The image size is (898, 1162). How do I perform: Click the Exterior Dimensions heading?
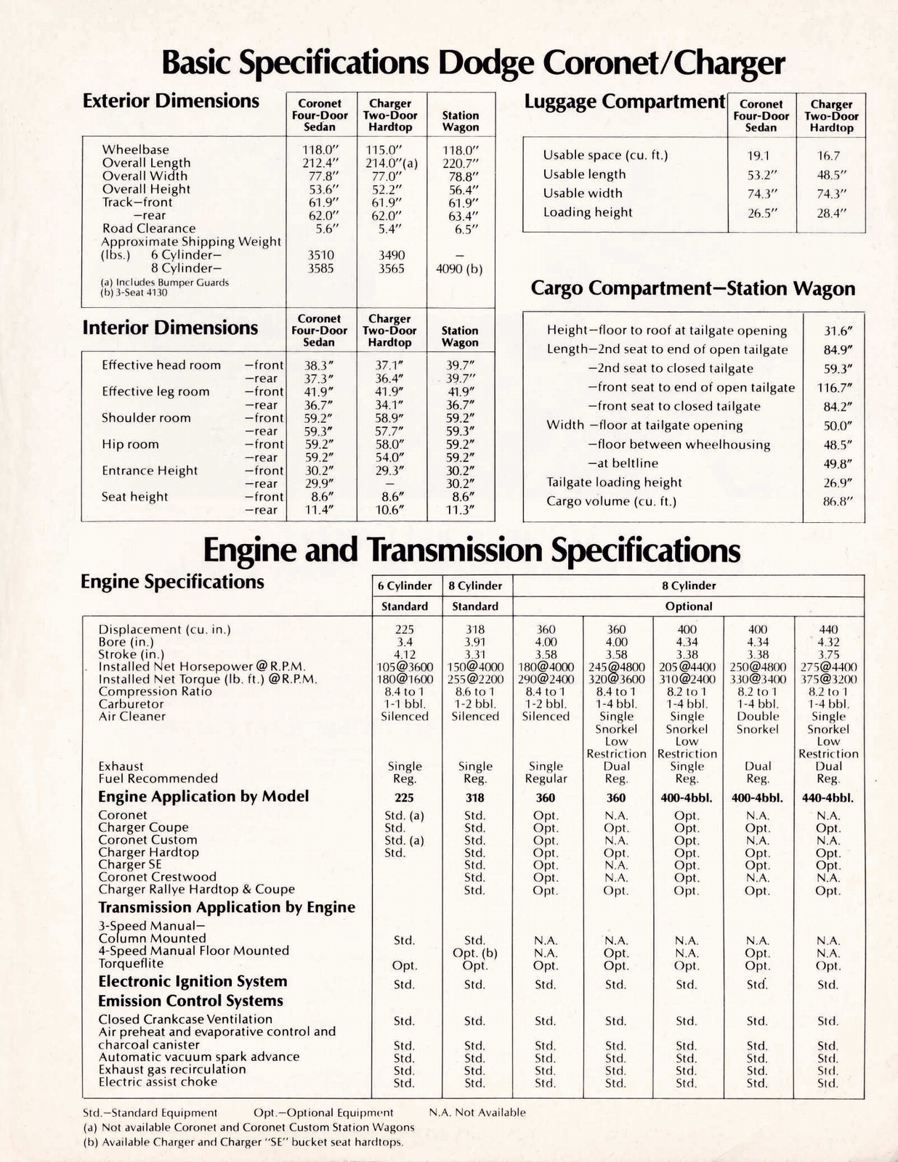pos(171,101)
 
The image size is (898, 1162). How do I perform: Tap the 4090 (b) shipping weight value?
pos(459,269)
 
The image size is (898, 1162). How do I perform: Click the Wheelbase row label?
pos(135,150)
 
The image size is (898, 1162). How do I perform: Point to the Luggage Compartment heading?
pos(625,102)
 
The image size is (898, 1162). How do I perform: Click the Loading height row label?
pos(588,212)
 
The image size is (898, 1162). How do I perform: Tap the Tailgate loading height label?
pos(614,482)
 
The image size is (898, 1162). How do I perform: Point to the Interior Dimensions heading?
pos(170,328)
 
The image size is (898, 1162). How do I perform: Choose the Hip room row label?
pos(130,444)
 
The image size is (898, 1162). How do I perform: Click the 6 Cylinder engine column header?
pos(405,585)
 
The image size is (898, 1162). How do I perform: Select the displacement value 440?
pos(828,630)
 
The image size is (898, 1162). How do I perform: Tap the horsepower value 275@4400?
pos(828,667)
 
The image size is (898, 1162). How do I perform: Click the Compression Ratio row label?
pos(155,691)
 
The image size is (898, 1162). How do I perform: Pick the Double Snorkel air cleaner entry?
pos(757,723)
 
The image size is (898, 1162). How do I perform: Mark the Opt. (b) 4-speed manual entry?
pos(474,953)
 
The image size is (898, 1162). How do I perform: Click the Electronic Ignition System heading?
pos(193,982)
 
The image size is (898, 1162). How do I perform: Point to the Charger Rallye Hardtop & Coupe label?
pos(196,889)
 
